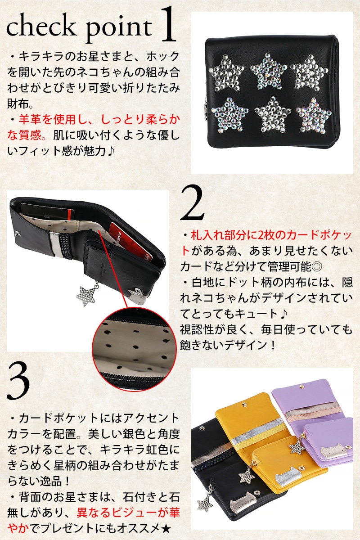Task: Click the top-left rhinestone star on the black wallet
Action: click(x=226, y=73)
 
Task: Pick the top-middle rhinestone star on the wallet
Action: click(x=268, y=71)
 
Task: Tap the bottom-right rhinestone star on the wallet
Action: click(x=314, y=116)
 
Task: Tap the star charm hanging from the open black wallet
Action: click(x=85, y=296)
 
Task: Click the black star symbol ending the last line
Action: click(x=166, y=529)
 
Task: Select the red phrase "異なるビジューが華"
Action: click(x=128, y=513)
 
